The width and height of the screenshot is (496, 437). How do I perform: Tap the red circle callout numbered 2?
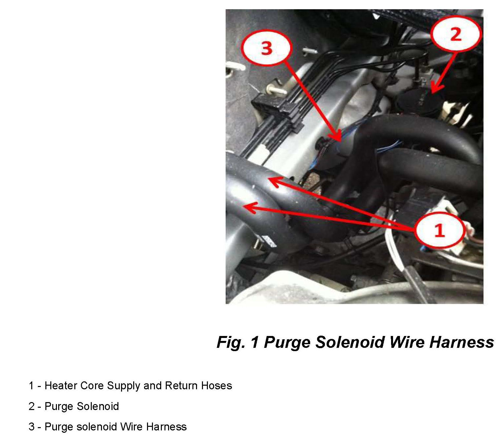coord(456,34)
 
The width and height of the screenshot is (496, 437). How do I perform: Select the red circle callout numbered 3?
coord(267,48)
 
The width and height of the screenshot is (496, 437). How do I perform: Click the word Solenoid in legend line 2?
coord(98,406)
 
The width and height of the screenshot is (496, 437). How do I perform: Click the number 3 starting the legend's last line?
coord(31,426)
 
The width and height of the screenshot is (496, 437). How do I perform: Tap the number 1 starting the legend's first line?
coord(31,386)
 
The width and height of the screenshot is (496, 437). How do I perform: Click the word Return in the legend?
coord(181,386)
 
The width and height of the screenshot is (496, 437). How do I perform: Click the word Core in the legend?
coord(92,386)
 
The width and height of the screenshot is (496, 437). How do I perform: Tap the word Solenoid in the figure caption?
coord(350,342)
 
